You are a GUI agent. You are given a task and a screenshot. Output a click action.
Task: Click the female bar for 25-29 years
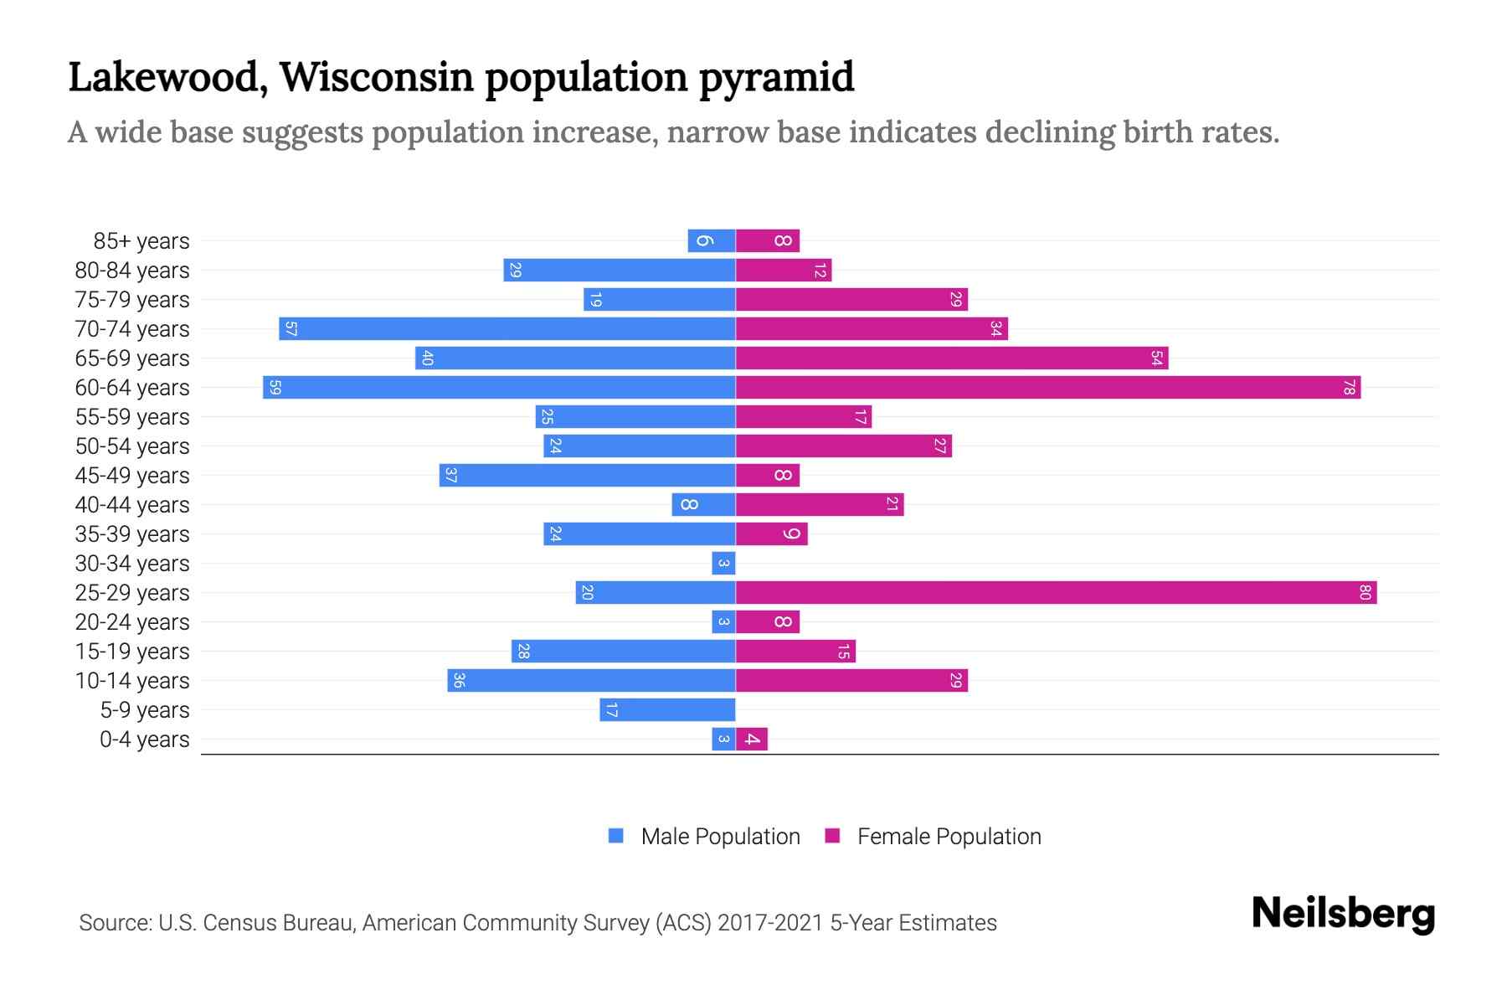[1055, 593]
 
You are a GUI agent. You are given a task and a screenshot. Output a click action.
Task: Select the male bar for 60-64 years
[499, 388]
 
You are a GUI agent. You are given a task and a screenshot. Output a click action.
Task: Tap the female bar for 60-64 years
[1047, 388]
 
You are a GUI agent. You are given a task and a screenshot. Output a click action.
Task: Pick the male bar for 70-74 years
[507, 329]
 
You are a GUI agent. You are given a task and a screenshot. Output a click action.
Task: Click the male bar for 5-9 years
[667, 710]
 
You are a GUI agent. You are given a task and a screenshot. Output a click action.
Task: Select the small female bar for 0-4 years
[751, 740]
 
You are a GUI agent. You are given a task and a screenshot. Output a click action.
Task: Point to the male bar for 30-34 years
[723, 564]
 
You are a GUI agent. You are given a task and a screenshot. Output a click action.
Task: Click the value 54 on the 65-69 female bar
[1156, 358]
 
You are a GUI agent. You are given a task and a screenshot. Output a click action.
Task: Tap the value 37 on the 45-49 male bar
[450, 476]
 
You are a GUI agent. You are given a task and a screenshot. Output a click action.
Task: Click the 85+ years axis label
[141, 241]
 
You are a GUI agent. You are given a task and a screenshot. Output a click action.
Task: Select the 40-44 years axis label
[132, 505]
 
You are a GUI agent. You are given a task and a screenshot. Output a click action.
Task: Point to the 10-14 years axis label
[132, 681]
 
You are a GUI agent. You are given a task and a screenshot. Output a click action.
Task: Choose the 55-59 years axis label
[132, 417]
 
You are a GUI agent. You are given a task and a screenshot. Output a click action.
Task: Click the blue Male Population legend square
[616, 836]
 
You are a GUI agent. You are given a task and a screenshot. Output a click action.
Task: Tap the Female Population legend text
[949, 837]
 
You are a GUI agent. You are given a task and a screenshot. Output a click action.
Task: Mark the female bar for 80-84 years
[783, 271]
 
